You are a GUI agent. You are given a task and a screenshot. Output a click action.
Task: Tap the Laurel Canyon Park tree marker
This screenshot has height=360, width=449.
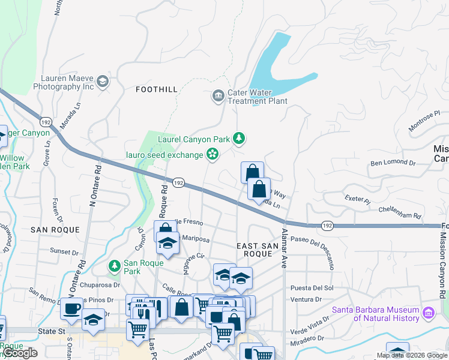pyautogui.click(x=240, y=139)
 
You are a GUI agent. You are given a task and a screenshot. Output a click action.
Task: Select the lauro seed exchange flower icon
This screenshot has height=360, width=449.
pyautogui.click(x=212, y=155)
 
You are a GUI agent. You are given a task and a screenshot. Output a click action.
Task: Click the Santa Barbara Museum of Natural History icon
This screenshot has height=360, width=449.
pyautogui.click(x=429, y=313)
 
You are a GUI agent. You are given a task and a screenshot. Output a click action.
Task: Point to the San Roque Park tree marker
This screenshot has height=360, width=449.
pyautogui.click(x=114, y=265)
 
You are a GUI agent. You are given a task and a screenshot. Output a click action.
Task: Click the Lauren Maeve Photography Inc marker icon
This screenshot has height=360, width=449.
pyautogui.click(x=103, y=82)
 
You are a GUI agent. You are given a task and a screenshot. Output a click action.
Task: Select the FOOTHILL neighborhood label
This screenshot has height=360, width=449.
pyautogui.click(x=157, y=89)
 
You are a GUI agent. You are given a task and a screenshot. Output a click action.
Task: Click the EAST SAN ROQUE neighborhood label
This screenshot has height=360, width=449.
pyautogui.click(x=256, y=250)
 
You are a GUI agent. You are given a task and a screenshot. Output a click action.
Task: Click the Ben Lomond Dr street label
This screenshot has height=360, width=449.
pyautogui.click(x=393, y=163)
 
